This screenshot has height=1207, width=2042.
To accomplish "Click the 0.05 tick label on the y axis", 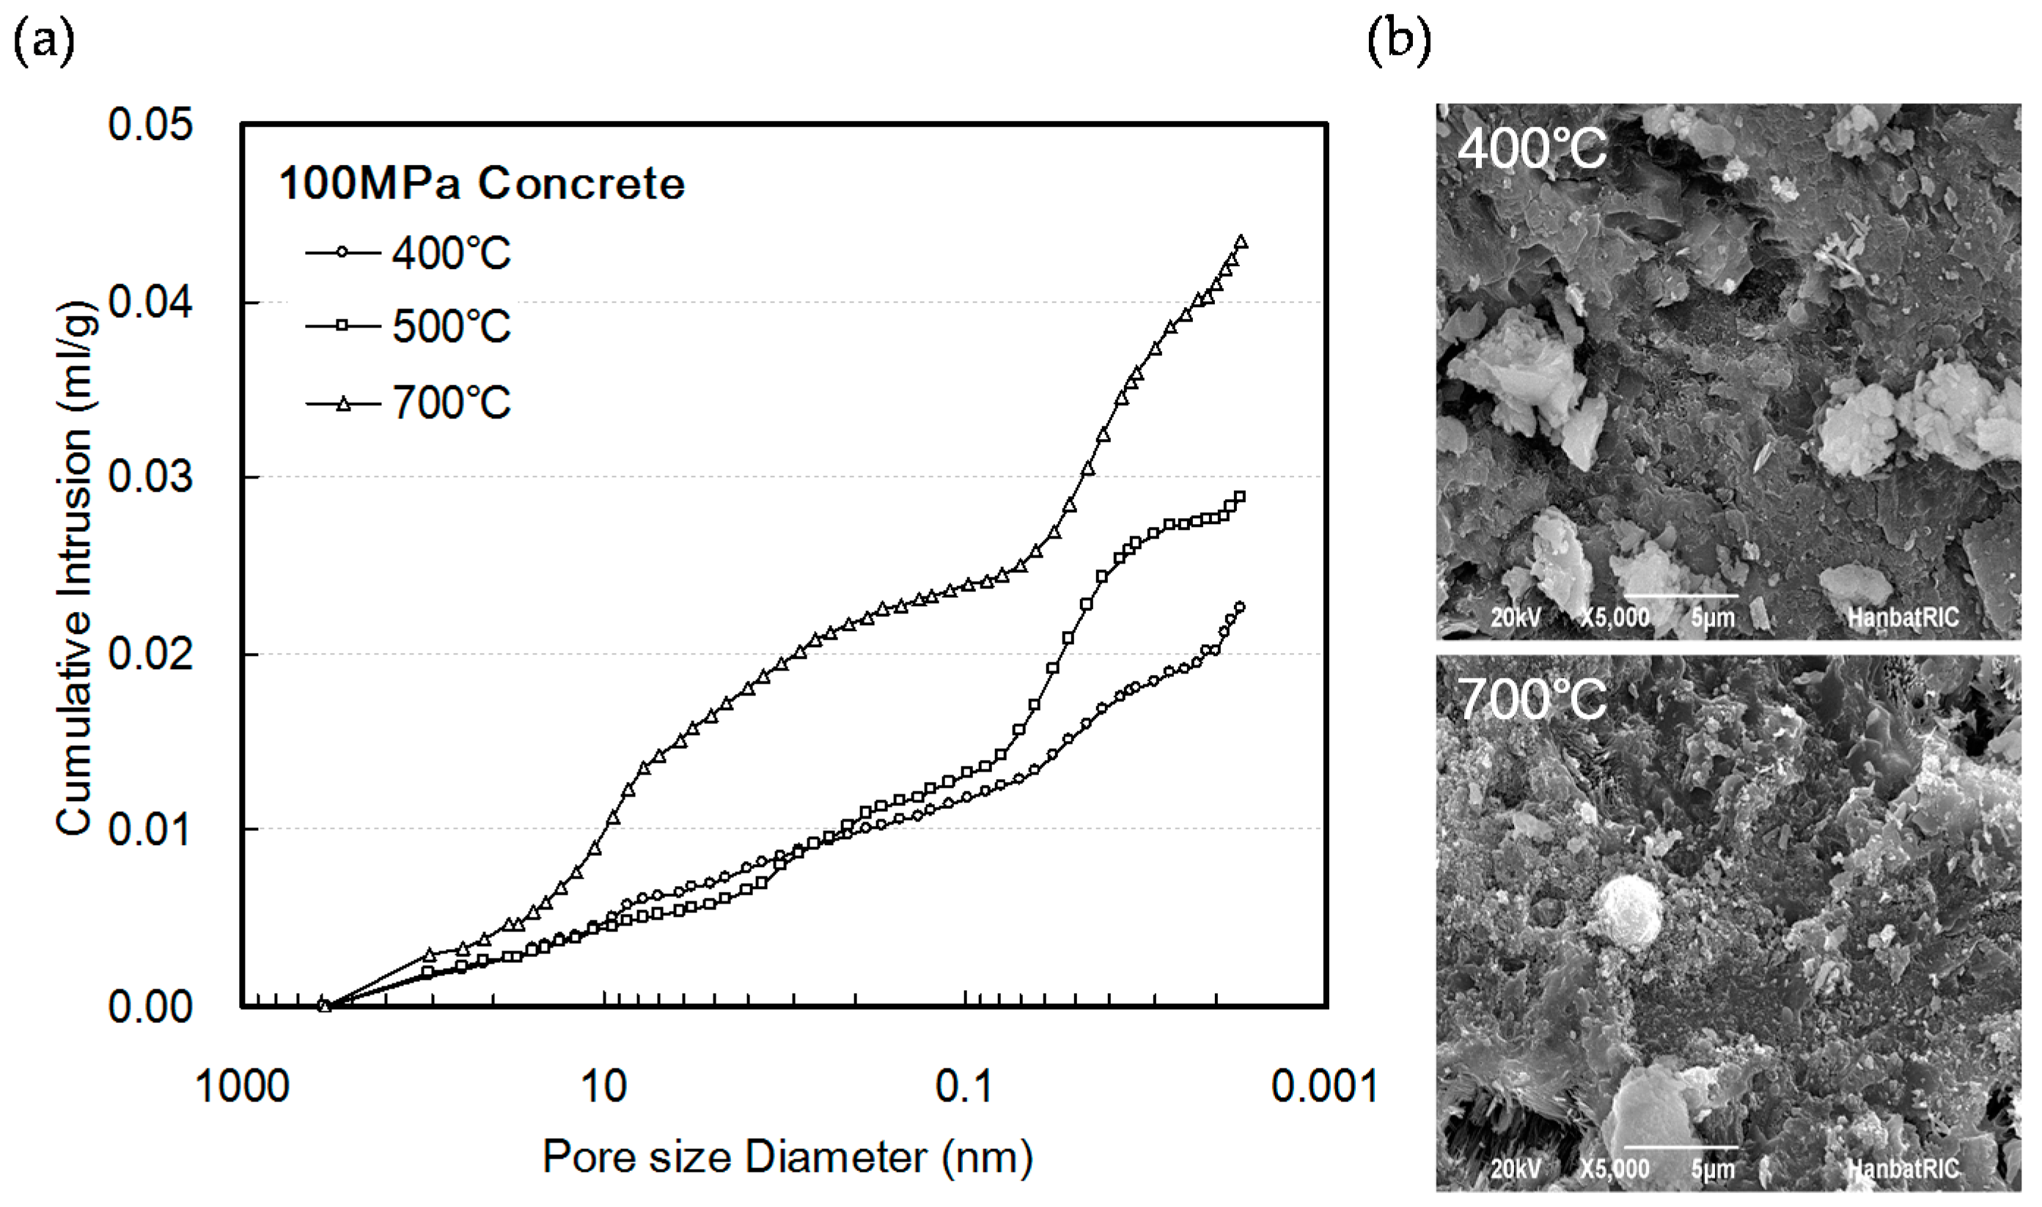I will (x=150, y=126).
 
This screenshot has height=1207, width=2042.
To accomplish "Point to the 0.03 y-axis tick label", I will (x=150, y=477).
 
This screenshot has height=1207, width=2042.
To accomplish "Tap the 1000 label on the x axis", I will (x=243, y=1087).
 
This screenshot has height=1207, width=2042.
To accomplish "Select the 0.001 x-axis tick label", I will (x=1324, y=1087).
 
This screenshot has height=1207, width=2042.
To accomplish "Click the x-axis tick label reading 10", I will (x=603, y=1087).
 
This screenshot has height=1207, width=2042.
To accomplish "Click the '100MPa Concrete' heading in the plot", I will (x=482, y=184).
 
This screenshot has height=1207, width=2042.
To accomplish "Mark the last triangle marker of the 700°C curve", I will (x=1241, y=242).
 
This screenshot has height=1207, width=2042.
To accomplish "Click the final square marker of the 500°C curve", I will (x=1240, y=497).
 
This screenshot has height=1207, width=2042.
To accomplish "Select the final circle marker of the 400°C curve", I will (x=1240, y=607).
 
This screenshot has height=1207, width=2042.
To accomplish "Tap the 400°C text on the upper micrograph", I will (x=1531, y=149).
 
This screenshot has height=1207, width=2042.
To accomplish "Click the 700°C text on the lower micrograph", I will (x=1531, y=699).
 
